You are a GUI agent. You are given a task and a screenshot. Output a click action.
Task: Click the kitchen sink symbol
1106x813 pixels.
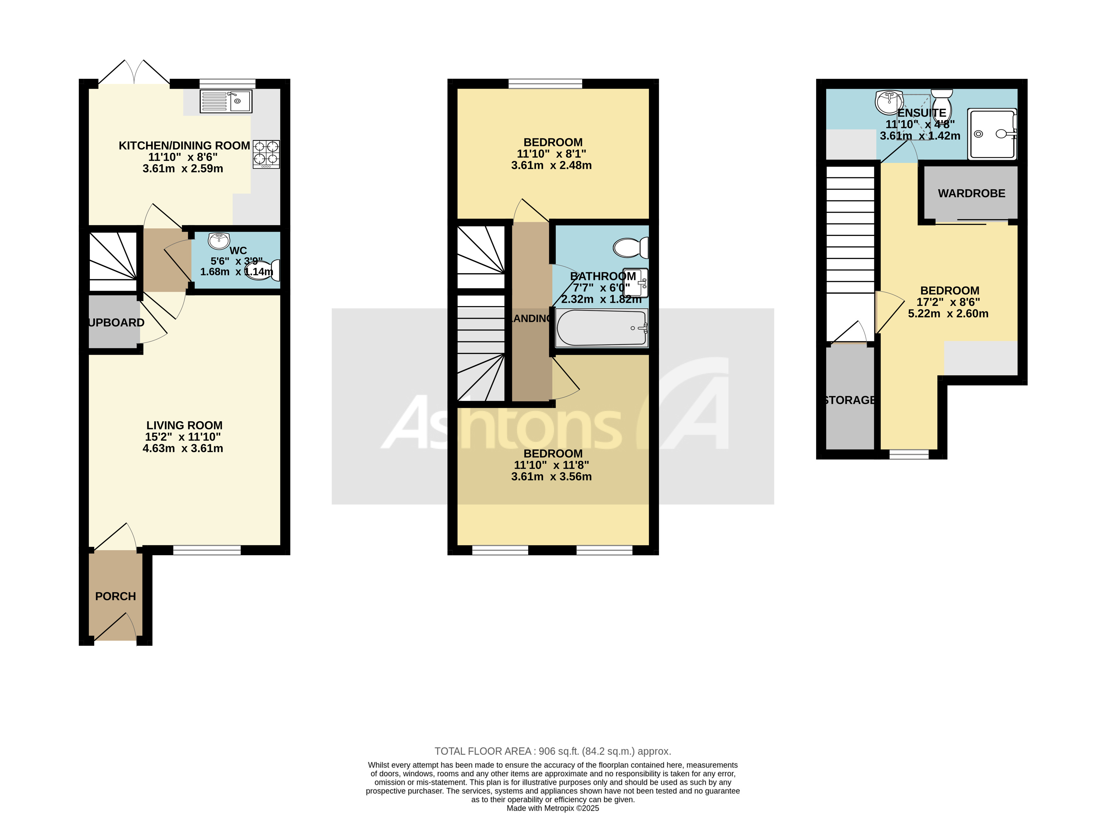226,101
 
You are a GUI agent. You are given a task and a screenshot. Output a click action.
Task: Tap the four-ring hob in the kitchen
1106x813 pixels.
266,154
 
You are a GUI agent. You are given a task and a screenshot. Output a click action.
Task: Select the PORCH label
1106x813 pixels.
115,597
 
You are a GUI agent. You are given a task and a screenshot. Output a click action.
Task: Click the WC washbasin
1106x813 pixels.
219,241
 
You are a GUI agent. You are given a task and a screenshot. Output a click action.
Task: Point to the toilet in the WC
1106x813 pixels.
263,270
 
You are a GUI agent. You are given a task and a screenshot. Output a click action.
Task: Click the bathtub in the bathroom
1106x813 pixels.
601,328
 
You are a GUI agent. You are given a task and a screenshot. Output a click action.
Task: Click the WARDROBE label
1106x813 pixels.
971,193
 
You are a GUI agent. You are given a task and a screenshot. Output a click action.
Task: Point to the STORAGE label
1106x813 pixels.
850,400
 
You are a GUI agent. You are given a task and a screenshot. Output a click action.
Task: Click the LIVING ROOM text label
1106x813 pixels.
184,425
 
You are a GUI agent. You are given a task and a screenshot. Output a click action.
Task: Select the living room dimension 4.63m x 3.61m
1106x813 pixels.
183,448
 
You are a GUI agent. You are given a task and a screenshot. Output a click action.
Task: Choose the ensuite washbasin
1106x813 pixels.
888,102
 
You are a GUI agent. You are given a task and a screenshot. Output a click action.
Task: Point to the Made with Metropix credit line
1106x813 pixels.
553,808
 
